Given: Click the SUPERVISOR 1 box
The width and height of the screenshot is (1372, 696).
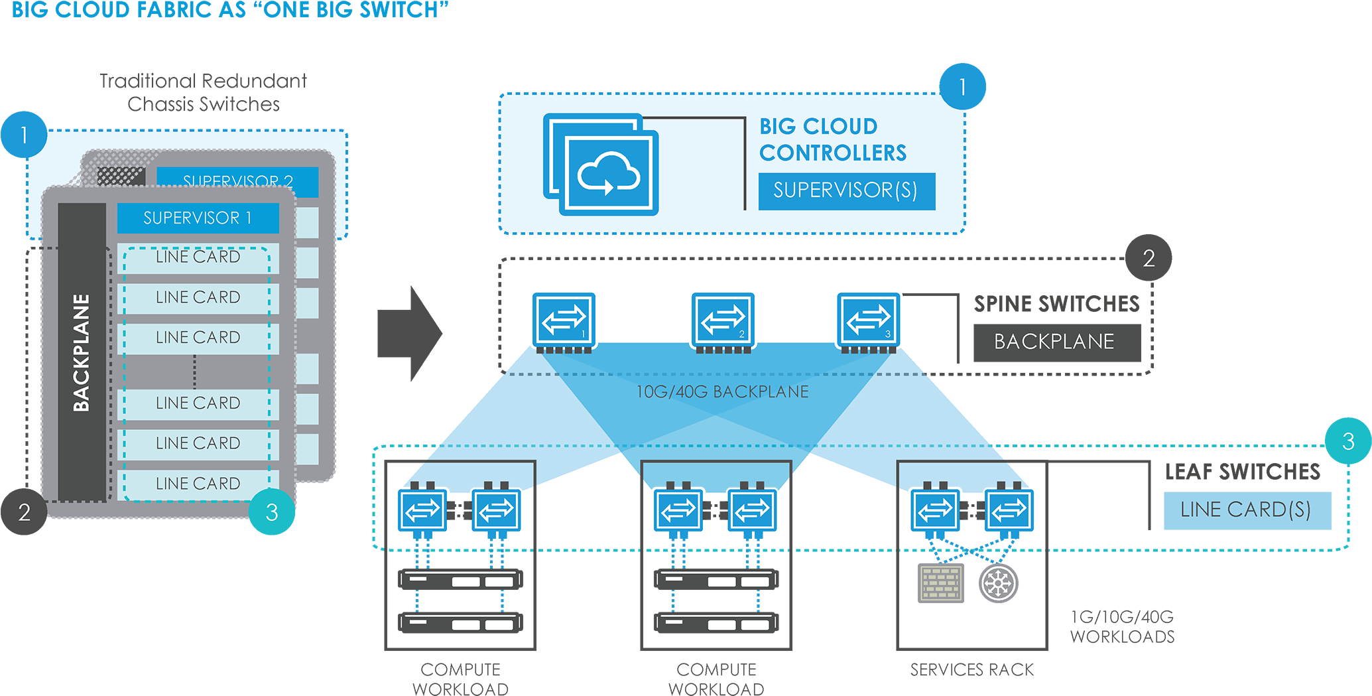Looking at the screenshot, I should coord(198,218).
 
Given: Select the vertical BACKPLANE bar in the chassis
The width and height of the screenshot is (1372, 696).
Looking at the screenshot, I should coord(82,352).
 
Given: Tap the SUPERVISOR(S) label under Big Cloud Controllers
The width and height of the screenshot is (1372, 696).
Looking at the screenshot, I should coord(846,191).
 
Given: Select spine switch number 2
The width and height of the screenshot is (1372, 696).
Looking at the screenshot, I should coord(723,320).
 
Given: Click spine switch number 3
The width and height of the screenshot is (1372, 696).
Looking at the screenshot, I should coord(868,320).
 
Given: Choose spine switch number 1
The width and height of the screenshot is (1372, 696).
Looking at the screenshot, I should coord(564,320).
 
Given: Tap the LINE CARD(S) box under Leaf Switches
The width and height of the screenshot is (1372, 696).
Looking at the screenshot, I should coord(1247,510).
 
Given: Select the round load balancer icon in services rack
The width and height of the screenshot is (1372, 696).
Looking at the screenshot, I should coord(998,583).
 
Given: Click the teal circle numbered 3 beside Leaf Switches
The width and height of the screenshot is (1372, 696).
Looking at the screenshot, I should coord(1347,441).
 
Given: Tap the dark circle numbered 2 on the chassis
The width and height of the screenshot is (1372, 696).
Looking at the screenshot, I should coord(24,512).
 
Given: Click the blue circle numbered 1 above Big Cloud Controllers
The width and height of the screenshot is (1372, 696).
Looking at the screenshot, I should coord(962,86).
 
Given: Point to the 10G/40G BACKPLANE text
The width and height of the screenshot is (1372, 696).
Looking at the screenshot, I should coord(722,392).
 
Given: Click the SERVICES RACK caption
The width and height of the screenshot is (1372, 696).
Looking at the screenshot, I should coord(971,670).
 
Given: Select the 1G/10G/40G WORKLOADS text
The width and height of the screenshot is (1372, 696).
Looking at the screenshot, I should coord(1122,627).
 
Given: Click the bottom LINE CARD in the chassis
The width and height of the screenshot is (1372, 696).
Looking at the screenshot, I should coord(198,484).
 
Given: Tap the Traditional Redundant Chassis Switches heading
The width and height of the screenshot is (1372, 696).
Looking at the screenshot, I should coord(203,92).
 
